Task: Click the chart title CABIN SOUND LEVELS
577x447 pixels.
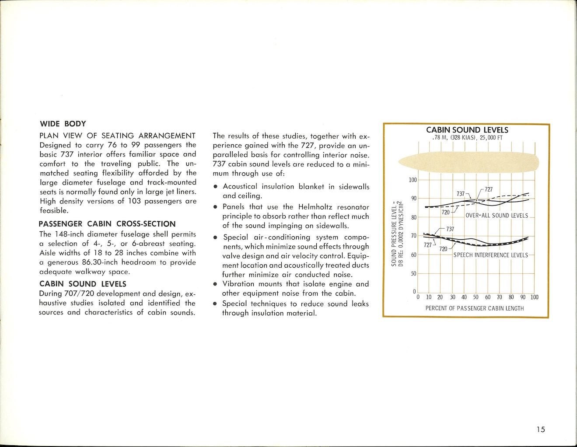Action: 467,130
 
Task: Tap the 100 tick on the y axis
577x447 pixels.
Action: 413,180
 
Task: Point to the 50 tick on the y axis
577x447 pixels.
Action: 413,274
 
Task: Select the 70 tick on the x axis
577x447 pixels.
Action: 499,297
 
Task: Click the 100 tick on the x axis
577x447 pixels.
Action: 535,297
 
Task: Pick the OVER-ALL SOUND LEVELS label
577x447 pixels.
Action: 497,216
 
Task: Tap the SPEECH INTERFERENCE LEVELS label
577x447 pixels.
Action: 490,255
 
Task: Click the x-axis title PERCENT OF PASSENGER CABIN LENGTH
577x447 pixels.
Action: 475,308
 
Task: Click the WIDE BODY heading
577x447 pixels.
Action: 63,124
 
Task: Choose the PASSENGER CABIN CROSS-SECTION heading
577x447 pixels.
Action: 107,224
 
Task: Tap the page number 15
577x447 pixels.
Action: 541,430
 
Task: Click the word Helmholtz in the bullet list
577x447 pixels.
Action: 316,207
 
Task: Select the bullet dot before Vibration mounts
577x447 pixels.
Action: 215,284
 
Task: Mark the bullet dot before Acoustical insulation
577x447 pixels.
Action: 215,187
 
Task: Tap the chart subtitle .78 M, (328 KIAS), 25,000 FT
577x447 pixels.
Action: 467,138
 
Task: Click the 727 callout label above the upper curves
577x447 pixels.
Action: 489,189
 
